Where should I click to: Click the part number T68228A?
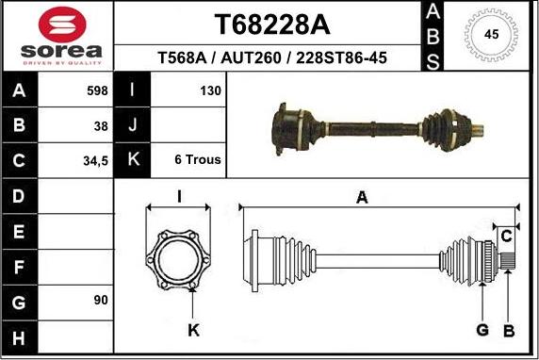(267, 23)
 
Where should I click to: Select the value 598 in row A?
(96, 90)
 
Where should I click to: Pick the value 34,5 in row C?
(95, 160)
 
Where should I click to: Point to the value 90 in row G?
(101, 300)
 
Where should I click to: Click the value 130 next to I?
(210, 90)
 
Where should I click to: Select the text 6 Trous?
(198, 160)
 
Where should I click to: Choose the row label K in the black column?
(133, 160)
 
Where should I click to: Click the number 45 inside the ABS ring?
(491, 35)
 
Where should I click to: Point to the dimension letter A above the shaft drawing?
(361, 197)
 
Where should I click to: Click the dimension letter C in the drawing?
(507, 234)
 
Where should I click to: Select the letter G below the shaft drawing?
(482, 330)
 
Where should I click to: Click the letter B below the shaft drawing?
(509, 330)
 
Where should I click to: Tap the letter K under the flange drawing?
(192, 330)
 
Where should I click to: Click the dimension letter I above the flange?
(179, 197)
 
